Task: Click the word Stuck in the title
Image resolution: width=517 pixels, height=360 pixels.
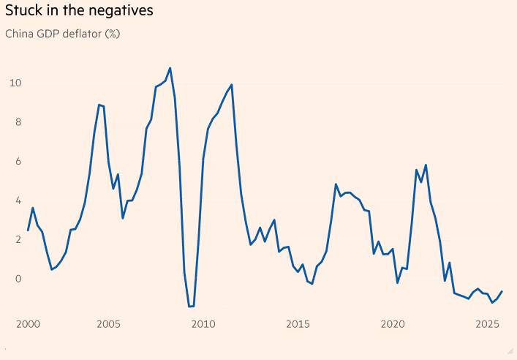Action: (x=24, y=12)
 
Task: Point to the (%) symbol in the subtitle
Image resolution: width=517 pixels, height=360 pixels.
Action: (x=113, y=34)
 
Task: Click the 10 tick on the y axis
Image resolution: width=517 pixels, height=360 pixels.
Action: (x=15, y=83)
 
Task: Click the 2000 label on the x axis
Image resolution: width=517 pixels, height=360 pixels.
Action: (x=28, y=323)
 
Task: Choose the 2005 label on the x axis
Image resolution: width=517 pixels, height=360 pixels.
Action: (x=108, y=323)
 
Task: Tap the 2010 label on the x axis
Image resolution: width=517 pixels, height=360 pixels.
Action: (x=203, y=323)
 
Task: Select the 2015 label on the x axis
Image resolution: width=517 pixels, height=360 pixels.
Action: (x=298, y=323)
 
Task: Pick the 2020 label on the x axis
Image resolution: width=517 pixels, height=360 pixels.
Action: (x=393, y=323)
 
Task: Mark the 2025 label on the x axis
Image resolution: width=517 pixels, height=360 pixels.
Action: (x=488, y=323)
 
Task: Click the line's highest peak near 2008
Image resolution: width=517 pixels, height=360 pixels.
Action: (x=170, y=68)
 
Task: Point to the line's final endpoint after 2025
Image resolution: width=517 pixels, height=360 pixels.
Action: (x=502, y=291)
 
